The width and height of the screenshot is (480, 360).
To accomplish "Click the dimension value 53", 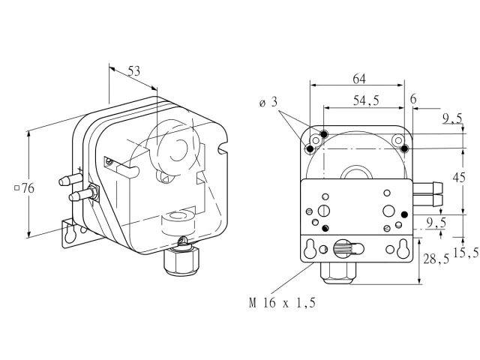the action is tap(133, 71).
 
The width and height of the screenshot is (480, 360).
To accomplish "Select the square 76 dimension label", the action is tap(25, 188).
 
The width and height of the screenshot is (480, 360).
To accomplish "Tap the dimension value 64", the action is tap(359, 79).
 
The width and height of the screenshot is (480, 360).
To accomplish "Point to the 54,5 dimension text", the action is tap(366, 100).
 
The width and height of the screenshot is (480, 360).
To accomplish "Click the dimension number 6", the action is tap(413, 99).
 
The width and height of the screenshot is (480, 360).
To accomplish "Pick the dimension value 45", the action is tap(459, 178).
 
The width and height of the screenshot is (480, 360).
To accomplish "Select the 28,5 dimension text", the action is tap(436, 259).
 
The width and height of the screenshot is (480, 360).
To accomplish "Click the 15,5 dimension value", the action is tap(466, 253).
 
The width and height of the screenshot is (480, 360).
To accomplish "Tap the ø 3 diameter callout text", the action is tap(268, 102).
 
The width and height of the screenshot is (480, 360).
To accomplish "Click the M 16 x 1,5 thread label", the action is tap(282, 303).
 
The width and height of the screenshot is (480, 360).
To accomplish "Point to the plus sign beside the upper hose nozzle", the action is tap(80, 169).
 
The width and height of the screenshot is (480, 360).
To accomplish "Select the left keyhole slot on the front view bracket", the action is tap(310, 248).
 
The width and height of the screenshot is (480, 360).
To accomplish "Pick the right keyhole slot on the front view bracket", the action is tap(402, 248).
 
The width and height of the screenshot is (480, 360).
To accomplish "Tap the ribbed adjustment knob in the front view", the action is tap(341, 248).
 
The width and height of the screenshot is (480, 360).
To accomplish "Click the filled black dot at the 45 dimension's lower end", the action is tap(404, 214).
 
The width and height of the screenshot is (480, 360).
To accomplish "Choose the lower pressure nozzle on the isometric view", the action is tap(81, 194).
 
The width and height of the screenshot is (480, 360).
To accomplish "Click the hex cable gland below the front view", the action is tap(337, 273).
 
